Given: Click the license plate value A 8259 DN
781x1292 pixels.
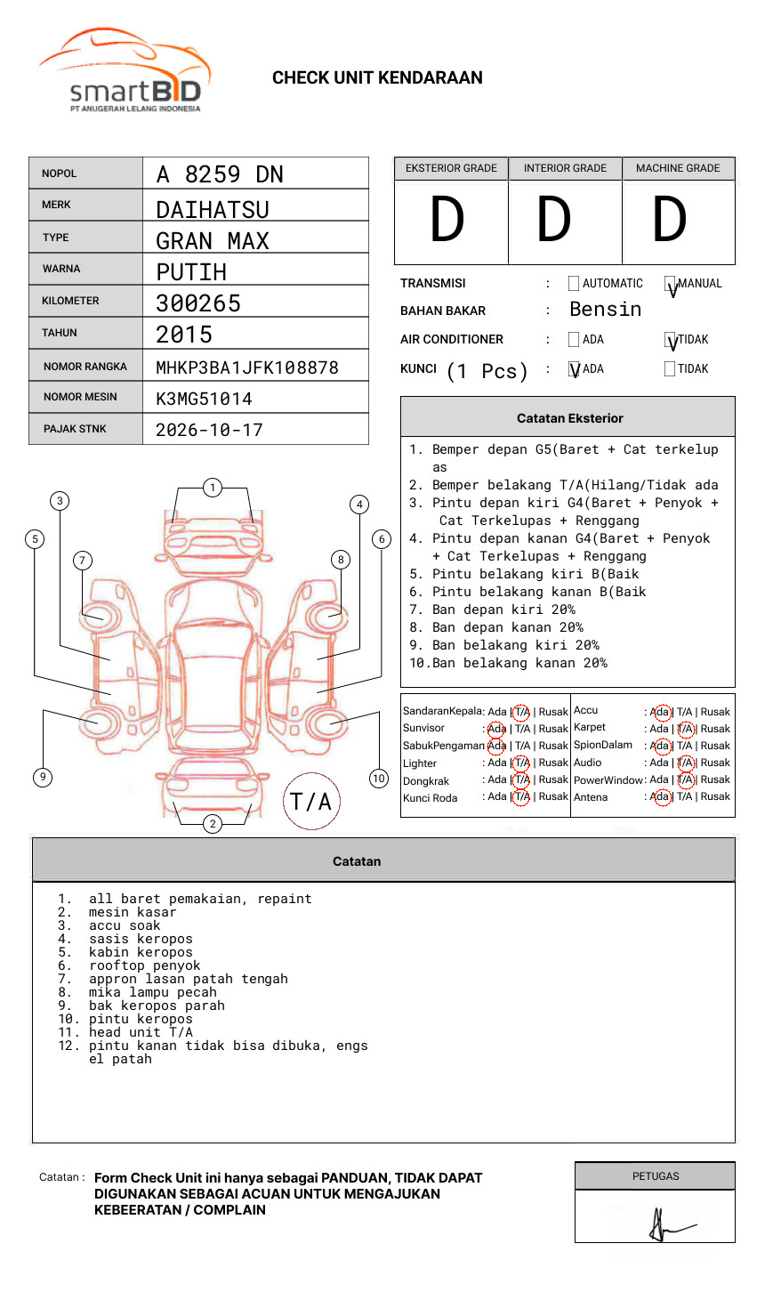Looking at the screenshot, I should tap(220, 174).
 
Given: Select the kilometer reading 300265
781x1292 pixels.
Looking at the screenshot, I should tap(198, 303).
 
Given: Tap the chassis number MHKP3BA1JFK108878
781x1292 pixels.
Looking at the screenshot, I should tap(247, 367).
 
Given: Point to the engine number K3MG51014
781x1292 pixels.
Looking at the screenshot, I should tap(204, 399).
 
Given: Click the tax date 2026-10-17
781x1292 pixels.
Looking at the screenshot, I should tap(209, 430).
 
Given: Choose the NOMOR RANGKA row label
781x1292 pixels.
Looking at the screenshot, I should tap(85, 367).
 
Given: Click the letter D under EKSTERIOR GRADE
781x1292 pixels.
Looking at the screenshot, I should tap(447, 220).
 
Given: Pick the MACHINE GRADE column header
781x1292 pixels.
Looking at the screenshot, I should tap(678, 168).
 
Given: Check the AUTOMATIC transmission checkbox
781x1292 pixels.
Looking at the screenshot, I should tap(574, 284).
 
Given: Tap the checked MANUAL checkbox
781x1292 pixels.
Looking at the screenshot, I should tap(671, 285).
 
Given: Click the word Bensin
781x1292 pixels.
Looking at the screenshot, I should tap(605, 310).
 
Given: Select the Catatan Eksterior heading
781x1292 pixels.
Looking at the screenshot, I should tap(569, 418).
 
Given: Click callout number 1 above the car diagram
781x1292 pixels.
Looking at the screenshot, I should tap(212, 487).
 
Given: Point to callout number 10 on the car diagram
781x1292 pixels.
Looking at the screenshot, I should tap(379, 779).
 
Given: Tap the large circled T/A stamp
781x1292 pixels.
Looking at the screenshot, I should tap(310, 802).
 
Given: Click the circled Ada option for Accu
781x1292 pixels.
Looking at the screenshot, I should tap(661, 712).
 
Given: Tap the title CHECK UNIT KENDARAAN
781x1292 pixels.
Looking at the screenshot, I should tap(377, 78).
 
